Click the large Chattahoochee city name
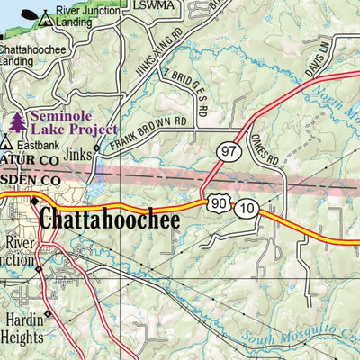click(109, 220)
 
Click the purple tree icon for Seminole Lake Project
click(17, 121)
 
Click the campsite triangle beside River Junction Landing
click(43, 16)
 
